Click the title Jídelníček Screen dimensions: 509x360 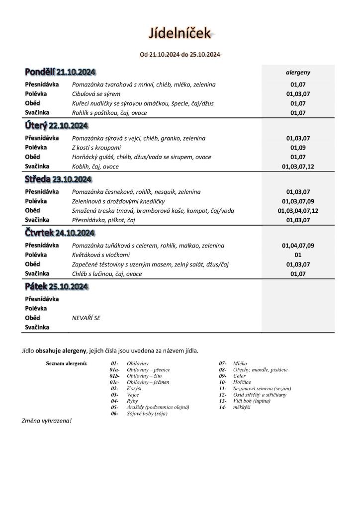click(x=180, y=33)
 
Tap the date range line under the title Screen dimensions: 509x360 click(x=180, y=55)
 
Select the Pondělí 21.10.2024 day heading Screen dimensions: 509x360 click(x=60, y=73)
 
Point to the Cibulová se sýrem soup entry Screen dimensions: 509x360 click(x=96, y=94)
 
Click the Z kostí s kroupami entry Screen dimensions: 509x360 click(x=96, y=148)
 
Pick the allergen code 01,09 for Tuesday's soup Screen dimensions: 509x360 click(x=298, y=148)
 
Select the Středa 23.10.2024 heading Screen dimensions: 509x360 click(x=58, y=179)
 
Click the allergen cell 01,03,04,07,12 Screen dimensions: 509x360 click(x=298, y=211)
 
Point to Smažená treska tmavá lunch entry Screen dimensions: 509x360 click(x=153, y=211)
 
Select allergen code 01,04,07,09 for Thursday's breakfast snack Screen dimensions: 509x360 click(x=298, y=246)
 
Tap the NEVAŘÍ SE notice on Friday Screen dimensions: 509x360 click(x=86, y=318)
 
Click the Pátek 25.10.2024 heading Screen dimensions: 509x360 click(x=56, y=287)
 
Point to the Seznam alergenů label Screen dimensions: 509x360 click(x=67, y=364)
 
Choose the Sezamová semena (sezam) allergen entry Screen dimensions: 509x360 click(x=262, y=389)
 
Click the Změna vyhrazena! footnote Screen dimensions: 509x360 click(x=47, y=421)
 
